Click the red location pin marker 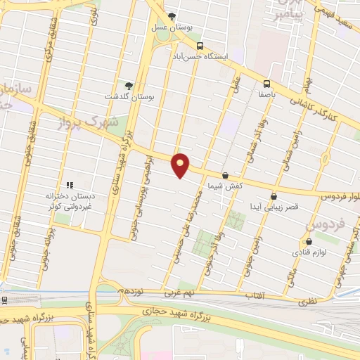181,164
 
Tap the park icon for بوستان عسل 172,17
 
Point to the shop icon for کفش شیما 225,175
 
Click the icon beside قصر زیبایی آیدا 274,196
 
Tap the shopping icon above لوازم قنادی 300,240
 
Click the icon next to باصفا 266,82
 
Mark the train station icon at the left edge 5,300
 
